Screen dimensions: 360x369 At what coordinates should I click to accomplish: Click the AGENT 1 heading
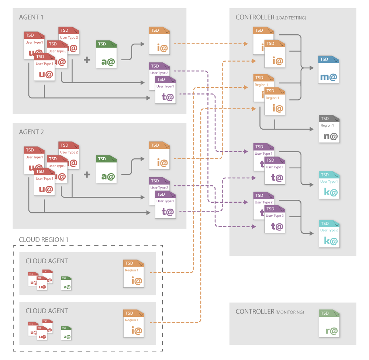(31, 17)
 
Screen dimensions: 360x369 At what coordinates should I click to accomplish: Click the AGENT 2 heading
(31, 132)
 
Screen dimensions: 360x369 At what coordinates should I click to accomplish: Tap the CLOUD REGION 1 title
(44, 240)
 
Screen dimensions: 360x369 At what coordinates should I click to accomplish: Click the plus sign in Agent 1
(87, 59)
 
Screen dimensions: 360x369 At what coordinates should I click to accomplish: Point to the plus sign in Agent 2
(87, 174)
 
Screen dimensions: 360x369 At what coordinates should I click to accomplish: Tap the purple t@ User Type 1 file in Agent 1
(166, 90)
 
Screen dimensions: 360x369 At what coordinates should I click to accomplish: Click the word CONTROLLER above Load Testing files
(255, 17)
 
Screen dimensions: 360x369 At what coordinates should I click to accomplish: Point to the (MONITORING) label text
(290, 312)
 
